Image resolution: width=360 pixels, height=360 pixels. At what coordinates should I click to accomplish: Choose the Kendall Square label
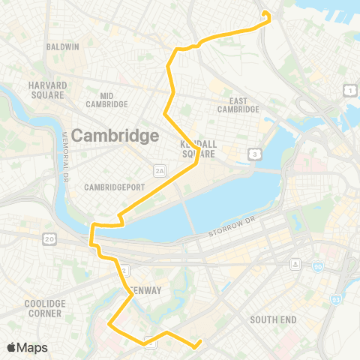coord(198,148)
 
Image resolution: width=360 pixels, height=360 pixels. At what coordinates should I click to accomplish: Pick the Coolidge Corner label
coord(45,307)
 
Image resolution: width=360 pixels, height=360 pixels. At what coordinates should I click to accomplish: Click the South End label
coord(273,319)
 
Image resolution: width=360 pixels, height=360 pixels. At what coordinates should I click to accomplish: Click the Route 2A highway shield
coord(159,171)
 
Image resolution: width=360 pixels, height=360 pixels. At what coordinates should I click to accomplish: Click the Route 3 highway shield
coord(256,154)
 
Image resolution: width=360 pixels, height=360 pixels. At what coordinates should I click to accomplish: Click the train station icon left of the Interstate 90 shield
coord(296,263)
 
